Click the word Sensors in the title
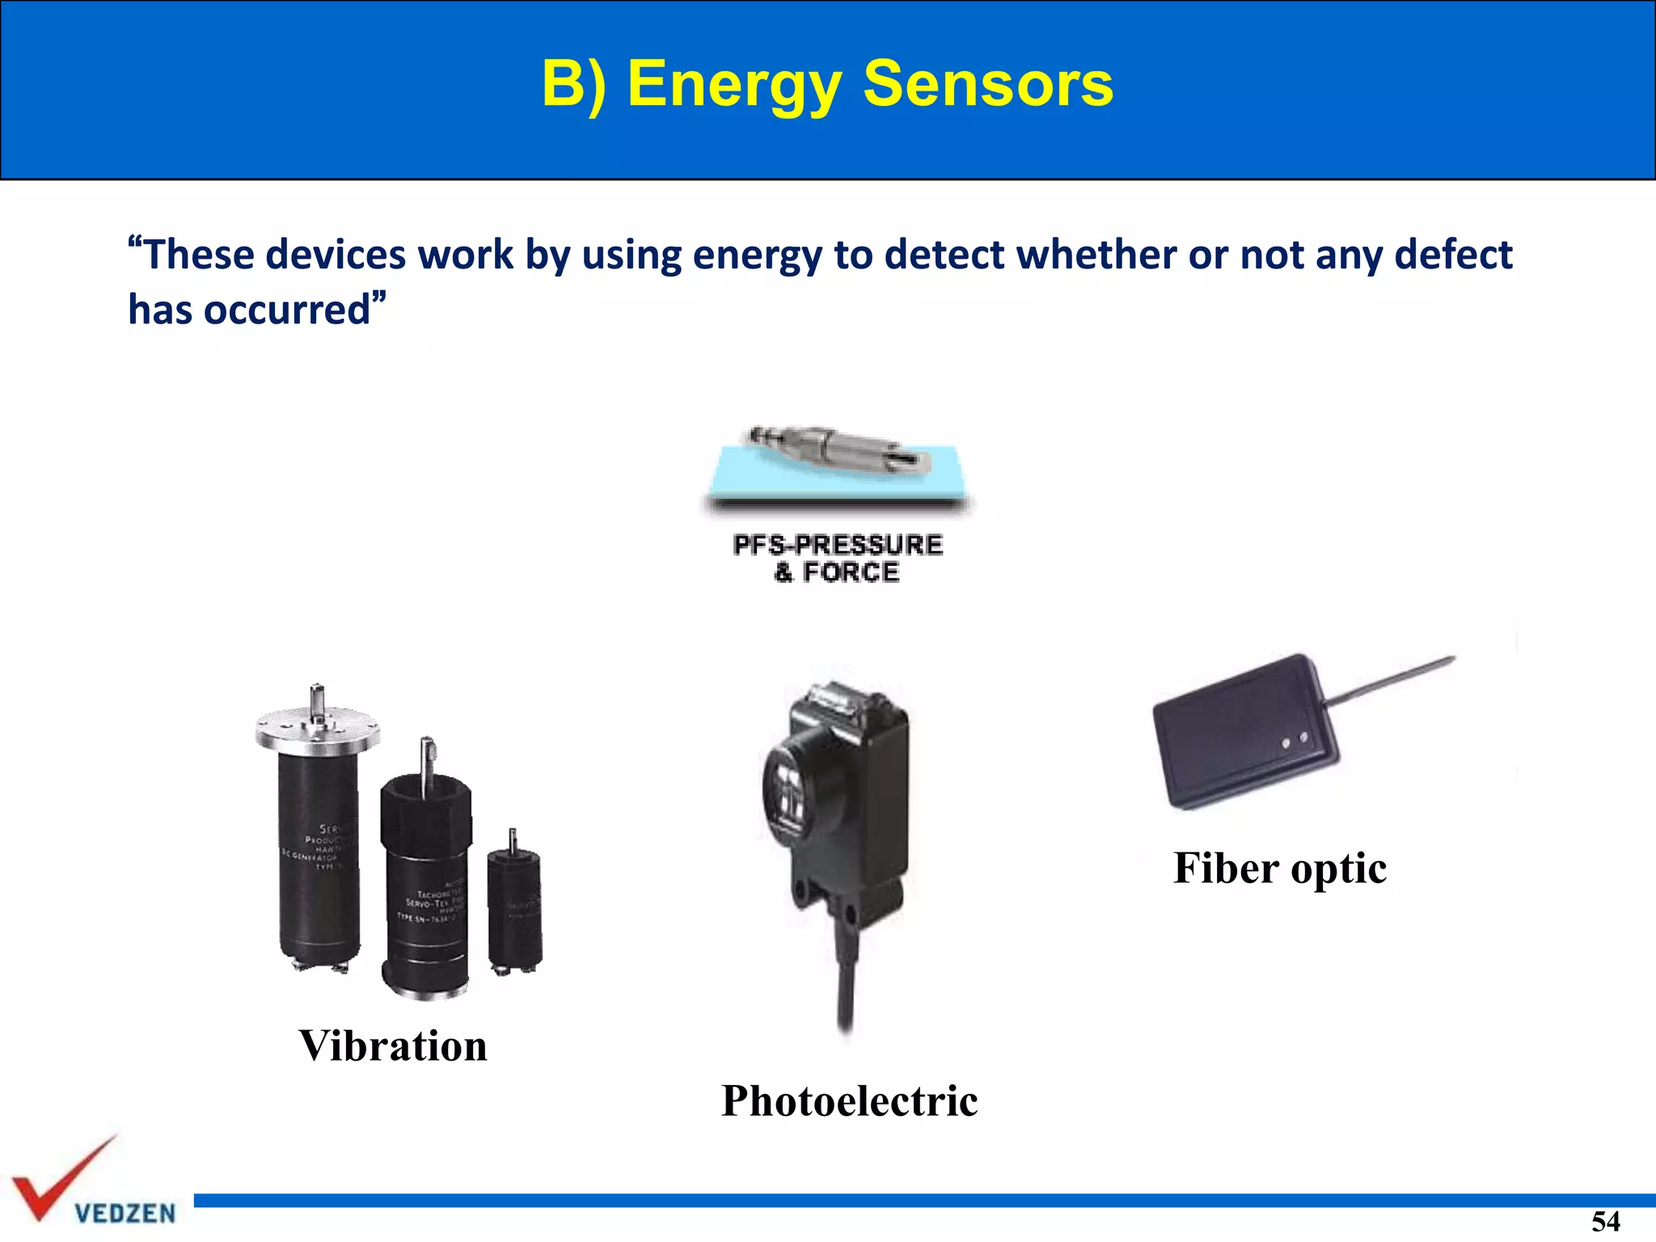[987, 83]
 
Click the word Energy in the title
[734, 85]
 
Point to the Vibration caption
[393, 1046]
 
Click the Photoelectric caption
[849, 1100]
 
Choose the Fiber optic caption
[1279, 868]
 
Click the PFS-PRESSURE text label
[838, 545]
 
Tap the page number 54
[1605, 1221]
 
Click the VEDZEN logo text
[125, 1213]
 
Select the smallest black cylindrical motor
[514, 910]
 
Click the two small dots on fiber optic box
[1294, 741]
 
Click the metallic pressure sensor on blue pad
[841, 449]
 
